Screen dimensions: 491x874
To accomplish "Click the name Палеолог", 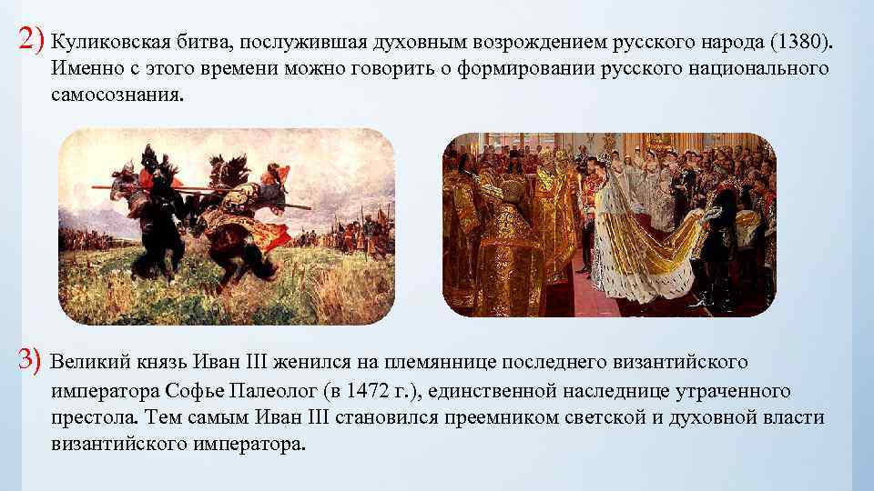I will pos(277,391).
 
